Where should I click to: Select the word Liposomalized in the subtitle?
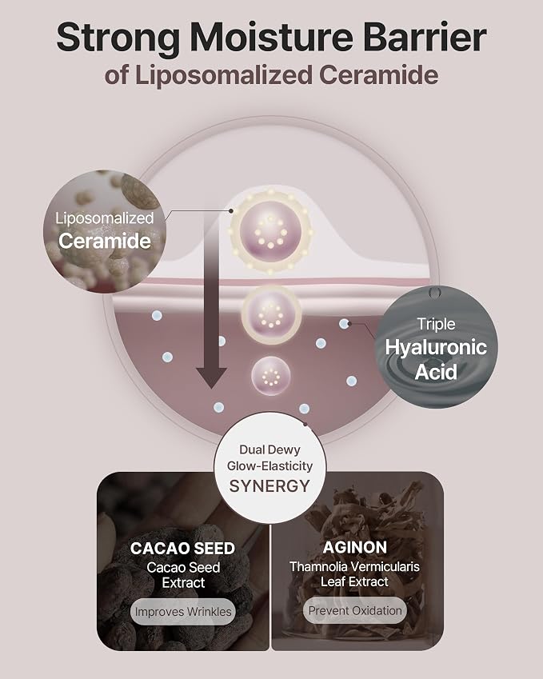click(224, 76)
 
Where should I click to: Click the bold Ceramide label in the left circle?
click(105, 241)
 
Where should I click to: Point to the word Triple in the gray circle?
click(436, 325)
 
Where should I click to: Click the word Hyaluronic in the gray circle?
click(436, 348)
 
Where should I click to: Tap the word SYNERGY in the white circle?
click(270, 486)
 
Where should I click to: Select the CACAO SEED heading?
click(182, 549)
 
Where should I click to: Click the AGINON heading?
click(354, 548)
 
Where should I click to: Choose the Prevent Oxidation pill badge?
click(355, 610)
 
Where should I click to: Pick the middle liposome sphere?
click(271, 314)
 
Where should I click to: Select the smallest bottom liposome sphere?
click(271, 376)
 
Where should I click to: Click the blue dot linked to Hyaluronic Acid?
click(344, 323)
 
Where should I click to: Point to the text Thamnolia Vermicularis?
click(354, 566)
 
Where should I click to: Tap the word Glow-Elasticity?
click(270, 466)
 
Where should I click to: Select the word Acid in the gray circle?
click(436, 372)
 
